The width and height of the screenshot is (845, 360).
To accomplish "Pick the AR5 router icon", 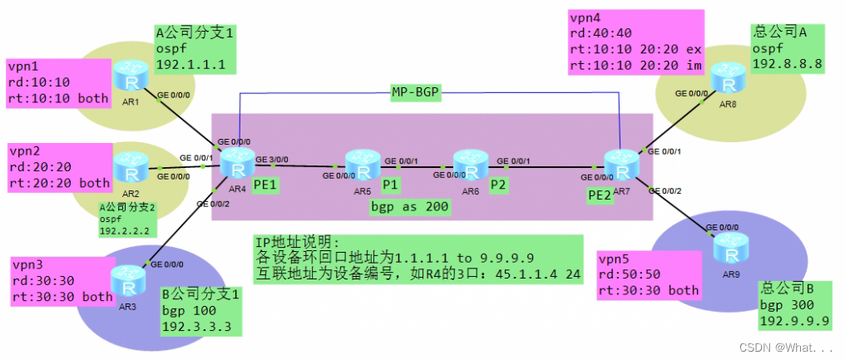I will coord(362,165).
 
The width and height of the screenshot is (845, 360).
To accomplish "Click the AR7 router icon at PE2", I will coord(619,164).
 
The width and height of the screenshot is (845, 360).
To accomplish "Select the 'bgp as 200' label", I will coord(411,206).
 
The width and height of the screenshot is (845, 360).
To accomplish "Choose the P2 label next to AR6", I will coord(498,184).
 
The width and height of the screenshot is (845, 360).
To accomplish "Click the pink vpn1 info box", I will coord(58,82).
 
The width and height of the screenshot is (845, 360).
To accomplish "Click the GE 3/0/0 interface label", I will coord(274,158).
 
